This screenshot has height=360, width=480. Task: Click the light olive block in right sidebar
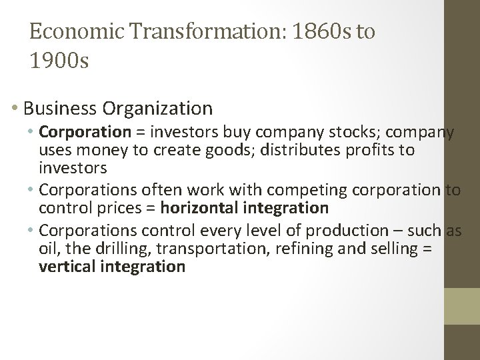click(462, 306)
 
